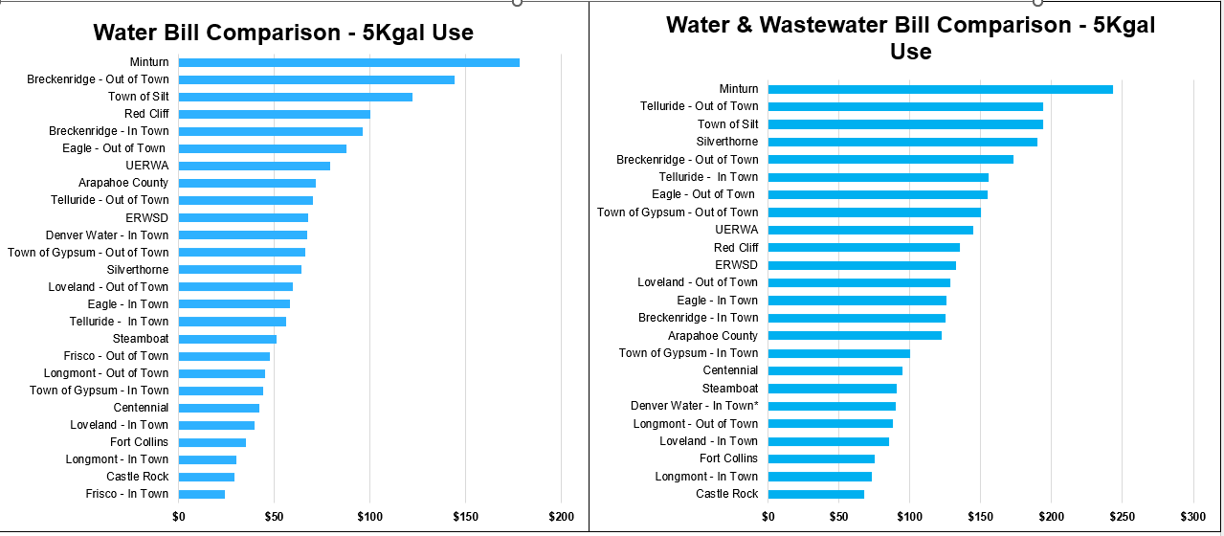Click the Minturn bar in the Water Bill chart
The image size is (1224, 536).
tap(349, 62)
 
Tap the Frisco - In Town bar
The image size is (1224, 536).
tap(202, 494)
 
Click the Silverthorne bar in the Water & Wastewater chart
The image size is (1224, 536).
tap(902, 142)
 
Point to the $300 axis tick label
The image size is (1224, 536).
tap(1193, 517)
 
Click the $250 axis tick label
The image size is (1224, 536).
tap(1123, 517)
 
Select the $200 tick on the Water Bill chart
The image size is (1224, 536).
tap(561, 517)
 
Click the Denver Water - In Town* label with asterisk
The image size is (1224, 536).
tap(694, 406)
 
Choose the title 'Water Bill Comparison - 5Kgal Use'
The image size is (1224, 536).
tap(283, 33)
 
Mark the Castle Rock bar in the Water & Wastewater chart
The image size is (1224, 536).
tap(816, 494)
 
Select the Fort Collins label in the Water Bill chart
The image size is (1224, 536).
tap(139, 442)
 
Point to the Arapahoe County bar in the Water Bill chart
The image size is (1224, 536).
tap(247, 183)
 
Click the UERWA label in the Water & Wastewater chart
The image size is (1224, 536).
tap(736, 230)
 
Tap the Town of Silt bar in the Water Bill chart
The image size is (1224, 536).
tap(296, 97)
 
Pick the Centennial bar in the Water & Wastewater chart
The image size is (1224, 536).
tap(835, 370)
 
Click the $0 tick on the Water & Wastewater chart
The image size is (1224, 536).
tap(768, 517)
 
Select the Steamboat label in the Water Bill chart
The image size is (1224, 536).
tap(140, 339)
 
